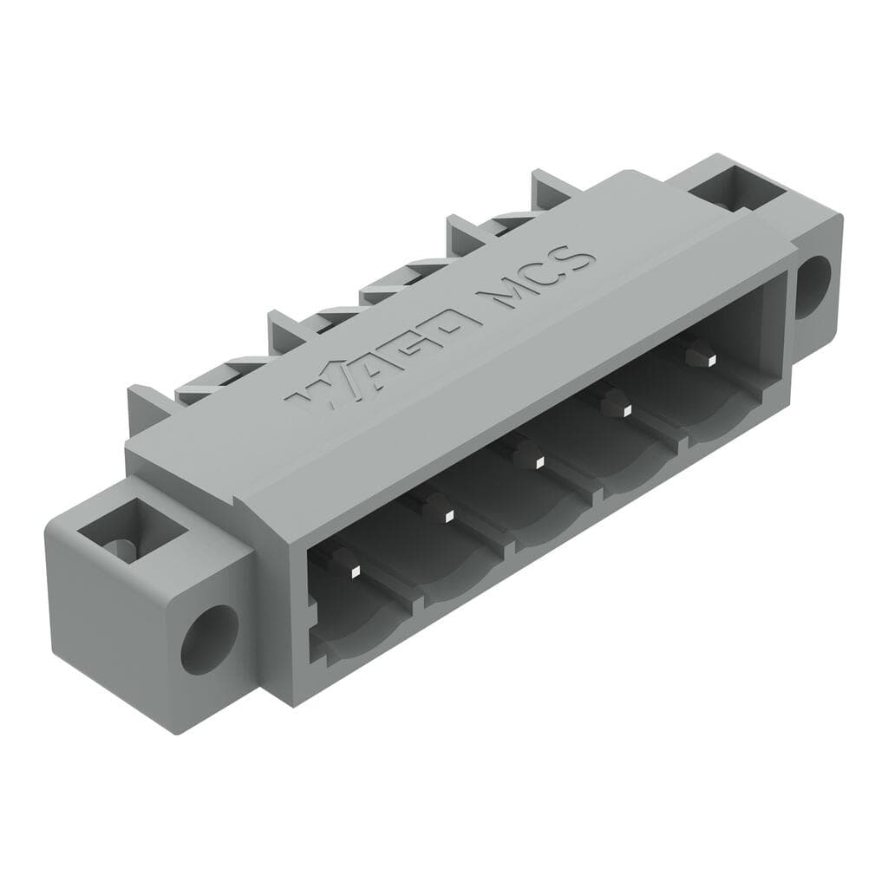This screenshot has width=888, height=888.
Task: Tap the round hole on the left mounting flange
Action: coord(209,639)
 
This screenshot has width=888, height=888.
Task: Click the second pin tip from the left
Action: coord(449,515)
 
